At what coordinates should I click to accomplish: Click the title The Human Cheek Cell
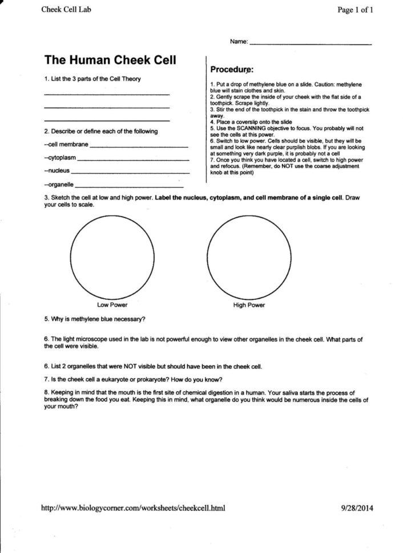point(110,60)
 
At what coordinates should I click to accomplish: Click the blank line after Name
point(311,43)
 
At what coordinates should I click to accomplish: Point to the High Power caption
point(249,305)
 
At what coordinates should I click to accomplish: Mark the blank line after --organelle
point(129,186)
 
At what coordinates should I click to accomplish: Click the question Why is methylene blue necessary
point(94,319)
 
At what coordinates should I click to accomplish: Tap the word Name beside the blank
point(239,42)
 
